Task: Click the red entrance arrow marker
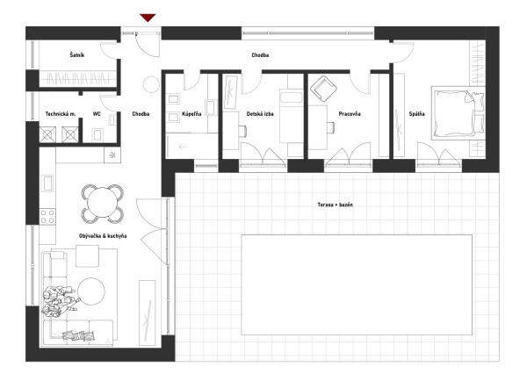[148, 18]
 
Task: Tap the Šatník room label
[77, 54]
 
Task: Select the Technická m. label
[61, 114]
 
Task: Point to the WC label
[97, 114]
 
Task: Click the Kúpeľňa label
[191, 113]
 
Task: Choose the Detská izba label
[260, 114]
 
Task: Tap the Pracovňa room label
[350, 114]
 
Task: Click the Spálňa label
[416, 113]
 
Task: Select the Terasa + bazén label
[336, 205]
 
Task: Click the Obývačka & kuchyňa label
[103, 236]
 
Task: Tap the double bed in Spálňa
[458, 113]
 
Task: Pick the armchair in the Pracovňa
[323, 89]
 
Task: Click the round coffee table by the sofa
[91, 291]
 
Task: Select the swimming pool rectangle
[357, 284]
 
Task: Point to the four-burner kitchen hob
[47, 216]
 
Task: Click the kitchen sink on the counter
[47, 183]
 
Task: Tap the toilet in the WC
[97, 134]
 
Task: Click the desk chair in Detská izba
[242, 131]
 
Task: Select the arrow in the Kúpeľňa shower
[183, 147]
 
